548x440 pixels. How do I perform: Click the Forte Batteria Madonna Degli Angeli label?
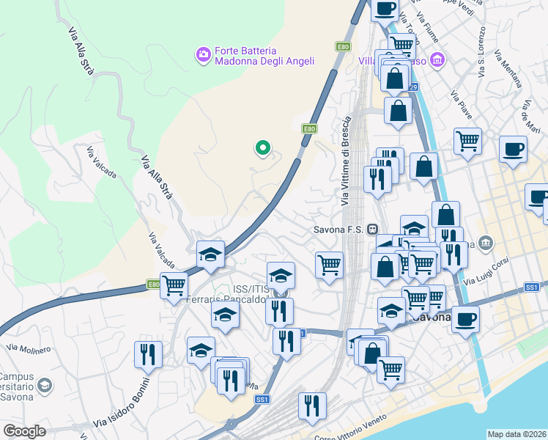click(264, 57)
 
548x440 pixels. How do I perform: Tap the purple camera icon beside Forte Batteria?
click(203, 54)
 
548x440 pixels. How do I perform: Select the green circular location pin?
click(262, 148)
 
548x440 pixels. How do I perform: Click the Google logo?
click(24, 431)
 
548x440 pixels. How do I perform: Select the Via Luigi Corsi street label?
click(506, 270)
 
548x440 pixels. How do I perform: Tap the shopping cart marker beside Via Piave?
click(467, 139)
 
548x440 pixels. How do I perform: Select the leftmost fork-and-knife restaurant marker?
click(148, 354)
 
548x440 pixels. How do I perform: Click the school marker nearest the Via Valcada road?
click(210, 253)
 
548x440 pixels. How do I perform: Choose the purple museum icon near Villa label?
click(438, 59)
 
